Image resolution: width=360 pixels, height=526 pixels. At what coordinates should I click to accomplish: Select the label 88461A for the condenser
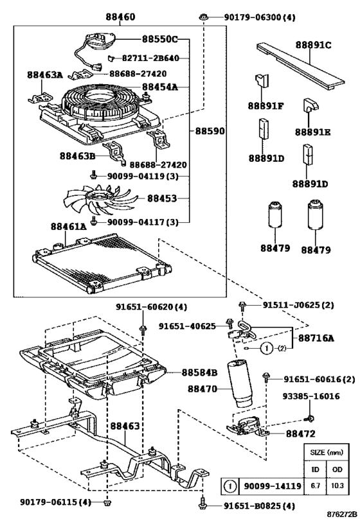[x=68, y=226]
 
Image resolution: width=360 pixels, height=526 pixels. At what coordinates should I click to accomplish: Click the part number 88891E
[x=313, y=132]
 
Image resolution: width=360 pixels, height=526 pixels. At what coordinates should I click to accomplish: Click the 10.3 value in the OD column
[x=336, y=487]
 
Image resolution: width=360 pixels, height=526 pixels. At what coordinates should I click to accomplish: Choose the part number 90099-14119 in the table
[x=272, y=487]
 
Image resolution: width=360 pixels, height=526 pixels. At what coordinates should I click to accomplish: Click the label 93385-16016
[x=311, y=396]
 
